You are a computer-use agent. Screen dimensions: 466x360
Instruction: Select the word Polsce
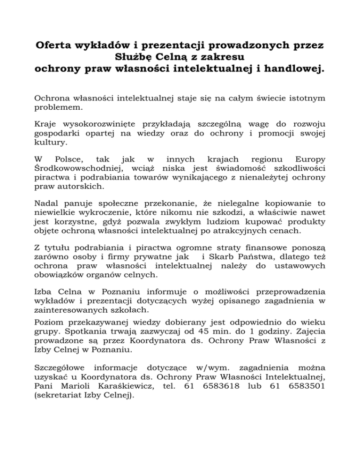point(68,160)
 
